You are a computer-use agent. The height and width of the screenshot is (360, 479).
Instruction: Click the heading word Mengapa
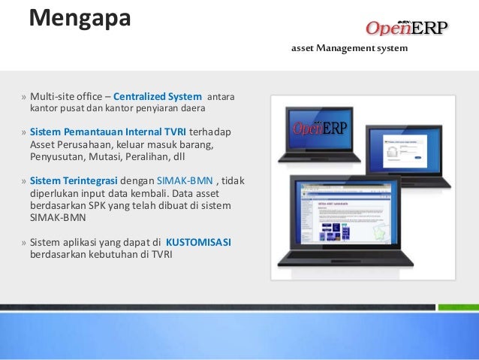[x=80, y=17]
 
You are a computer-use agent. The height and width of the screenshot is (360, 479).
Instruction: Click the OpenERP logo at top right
[x=405, y=28]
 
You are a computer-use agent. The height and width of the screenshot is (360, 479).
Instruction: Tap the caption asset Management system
[x=349, y=50]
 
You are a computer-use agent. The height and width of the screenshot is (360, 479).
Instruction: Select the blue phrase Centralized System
[x=158, y=96]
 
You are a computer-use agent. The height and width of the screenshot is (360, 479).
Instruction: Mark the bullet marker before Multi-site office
[x=24, y=97]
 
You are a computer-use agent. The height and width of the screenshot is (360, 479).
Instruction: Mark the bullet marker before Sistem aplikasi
[x=24, y=243]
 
